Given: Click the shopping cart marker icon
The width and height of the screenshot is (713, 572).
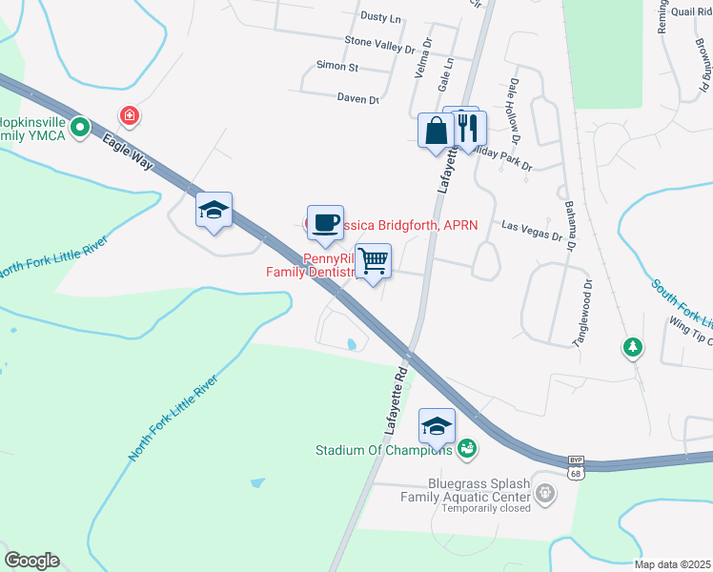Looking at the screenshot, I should tap(374, 261).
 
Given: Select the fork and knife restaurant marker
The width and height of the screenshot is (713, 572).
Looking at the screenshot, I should tap(466, 127).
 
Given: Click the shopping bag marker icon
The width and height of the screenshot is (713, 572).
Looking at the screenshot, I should tap(436, 130).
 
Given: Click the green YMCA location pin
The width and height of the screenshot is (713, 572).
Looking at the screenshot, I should tap(81, 125).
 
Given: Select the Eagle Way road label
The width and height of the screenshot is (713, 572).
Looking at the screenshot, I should tap(128, 152).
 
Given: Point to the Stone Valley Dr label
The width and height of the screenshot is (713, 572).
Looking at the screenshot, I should tap(380, 43).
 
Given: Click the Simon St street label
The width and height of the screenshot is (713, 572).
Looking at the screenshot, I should tap(337, 68).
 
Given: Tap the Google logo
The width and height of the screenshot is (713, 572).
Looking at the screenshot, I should tap(31, 561).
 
